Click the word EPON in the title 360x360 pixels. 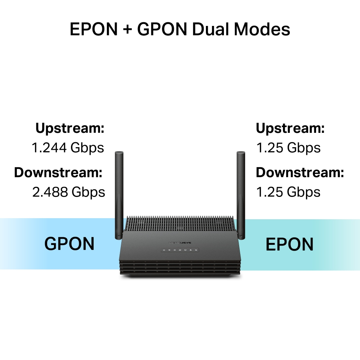(94, 30)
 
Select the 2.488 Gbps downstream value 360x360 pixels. (68, 192)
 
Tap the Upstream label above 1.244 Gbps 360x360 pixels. (70, 128)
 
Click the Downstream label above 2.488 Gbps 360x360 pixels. (58, 172)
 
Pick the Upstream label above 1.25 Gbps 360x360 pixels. (290, 128)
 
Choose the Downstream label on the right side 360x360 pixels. (300, 172)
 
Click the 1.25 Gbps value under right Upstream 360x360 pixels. (288, 148)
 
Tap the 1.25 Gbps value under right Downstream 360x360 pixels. (288, 192)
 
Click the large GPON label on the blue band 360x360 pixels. (69, 244)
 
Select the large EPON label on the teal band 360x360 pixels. (289, 244)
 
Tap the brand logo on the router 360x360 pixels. (180, 243)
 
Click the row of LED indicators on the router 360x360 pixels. (180, 250)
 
